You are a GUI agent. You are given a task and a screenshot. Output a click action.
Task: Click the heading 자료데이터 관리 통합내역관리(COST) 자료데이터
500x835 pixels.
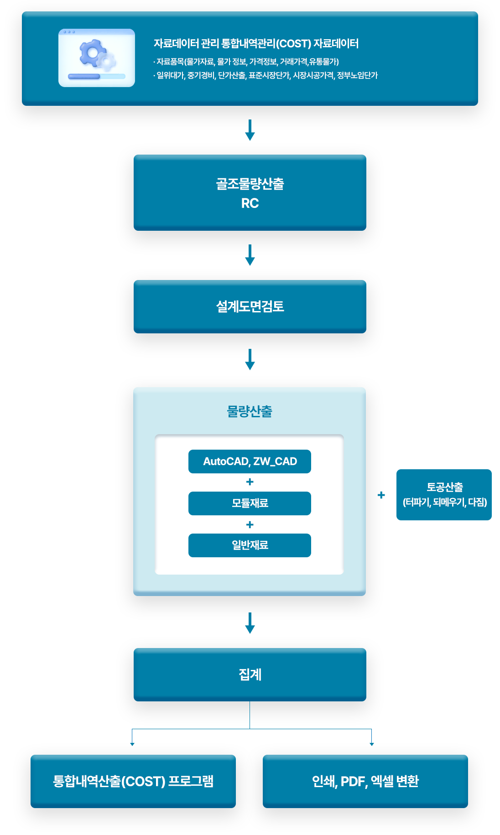tap(256, 44)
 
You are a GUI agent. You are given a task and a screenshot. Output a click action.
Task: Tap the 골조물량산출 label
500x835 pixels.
tap(250, 184)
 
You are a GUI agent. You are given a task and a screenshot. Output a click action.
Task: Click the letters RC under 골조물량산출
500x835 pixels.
tap(250, 203)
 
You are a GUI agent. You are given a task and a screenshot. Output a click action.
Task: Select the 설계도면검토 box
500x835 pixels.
tap(250, 306)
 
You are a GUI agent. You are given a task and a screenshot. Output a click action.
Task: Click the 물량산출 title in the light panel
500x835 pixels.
tap(250, 411)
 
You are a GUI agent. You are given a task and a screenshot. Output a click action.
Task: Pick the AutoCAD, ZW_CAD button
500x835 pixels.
tap(250, 462)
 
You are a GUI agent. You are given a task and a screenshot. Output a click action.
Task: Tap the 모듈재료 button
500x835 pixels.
tap(250, 503)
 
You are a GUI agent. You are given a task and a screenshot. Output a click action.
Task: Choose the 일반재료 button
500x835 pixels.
tap(250, 545)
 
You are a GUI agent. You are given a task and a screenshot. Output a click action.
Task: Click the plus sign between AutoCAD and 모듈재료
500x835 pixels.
tap(250, 482)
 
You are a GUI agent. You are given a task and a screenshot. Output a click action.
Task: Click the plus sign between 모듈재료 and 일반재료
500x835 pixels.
tap(250, 525)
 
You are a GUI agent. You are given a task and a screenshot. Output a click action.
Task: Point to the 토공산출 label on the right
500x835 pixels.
tap(445, 487)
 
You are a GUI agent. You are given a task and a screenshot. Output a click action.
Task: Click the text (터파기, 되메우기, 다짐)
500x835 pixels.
tap(445, 503)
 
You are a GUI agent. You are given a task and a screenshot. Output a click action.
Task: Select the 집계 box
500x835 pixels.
tap(250, 674)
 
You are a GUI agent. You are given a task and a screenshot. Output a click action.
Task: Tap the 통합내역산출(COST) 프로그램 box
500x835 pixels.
tap(133, 781)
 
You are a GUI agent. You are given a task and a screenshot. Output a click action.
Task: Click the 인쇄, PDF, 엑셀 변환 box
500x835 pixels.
tap(365, 781)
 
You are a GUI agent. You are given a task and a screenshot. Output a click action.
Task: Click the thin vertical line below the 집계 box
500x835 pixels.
tap(250, 715)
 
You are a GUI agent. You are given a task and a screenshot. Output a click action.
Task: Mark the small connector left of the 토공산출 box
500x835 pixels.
tap(386, 495)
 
